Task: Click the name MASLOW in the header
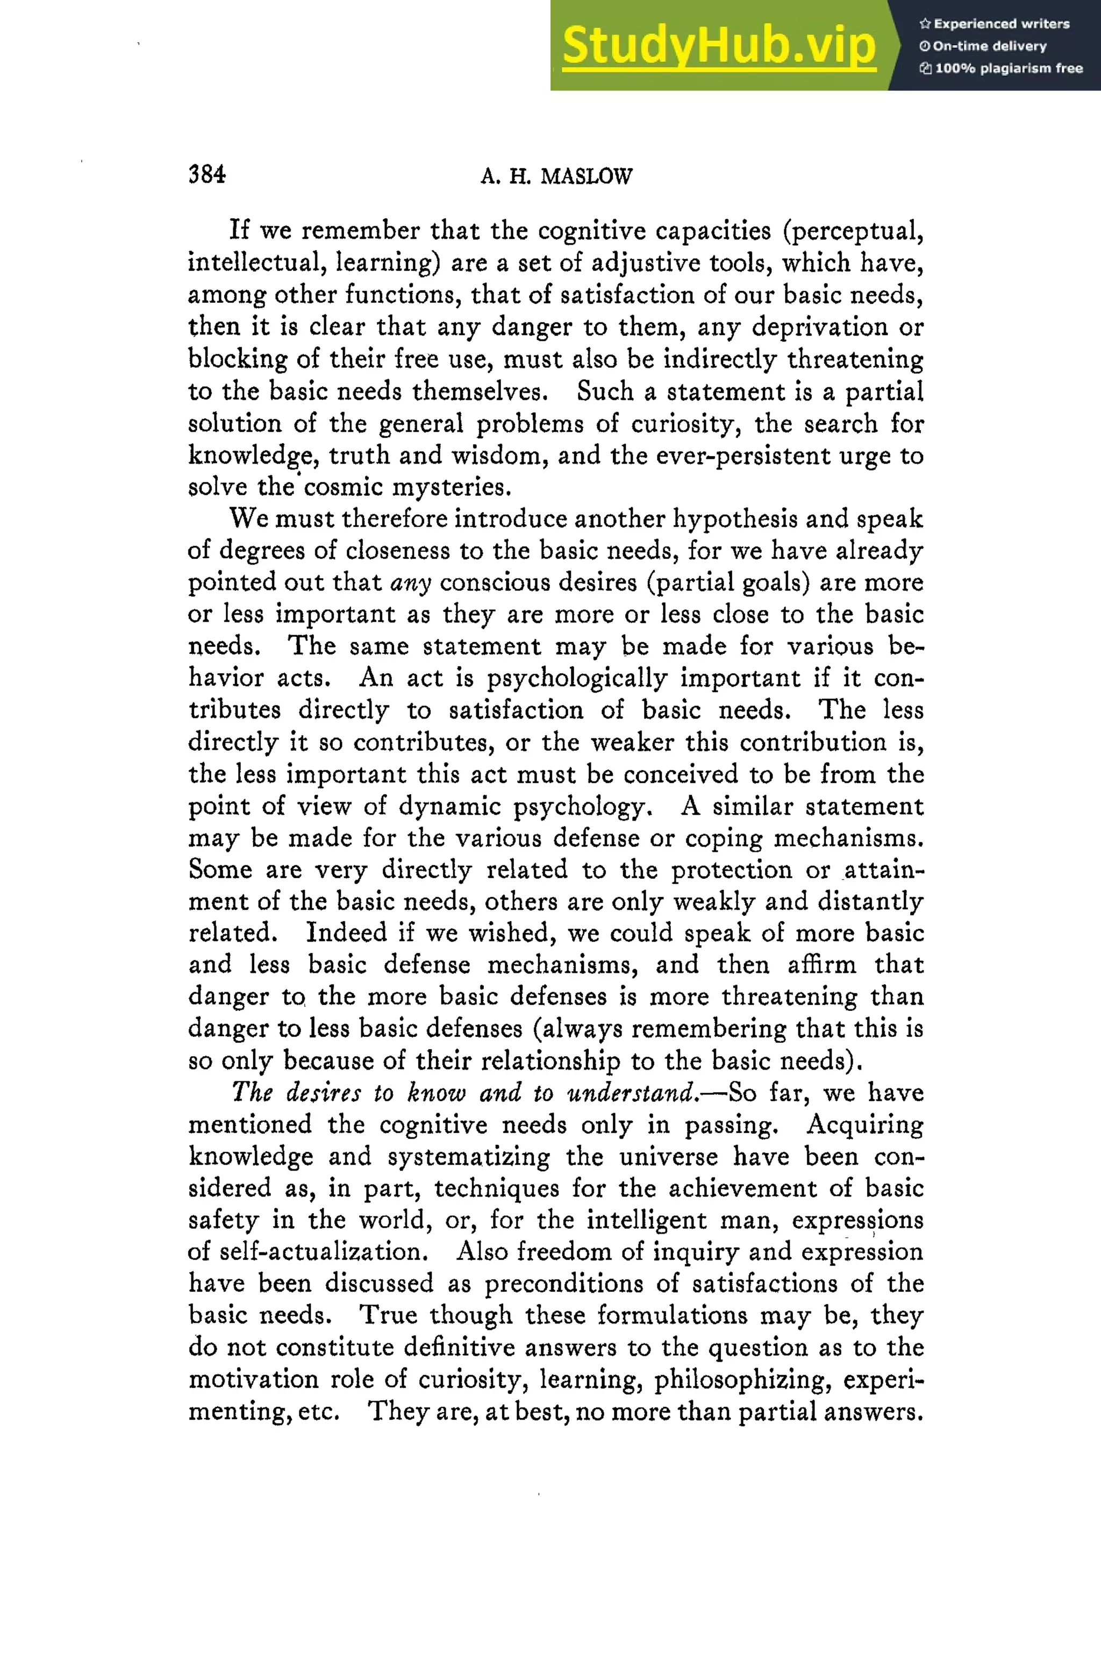point(587,176)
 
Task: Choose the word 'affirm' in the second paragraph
point(821,964)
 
